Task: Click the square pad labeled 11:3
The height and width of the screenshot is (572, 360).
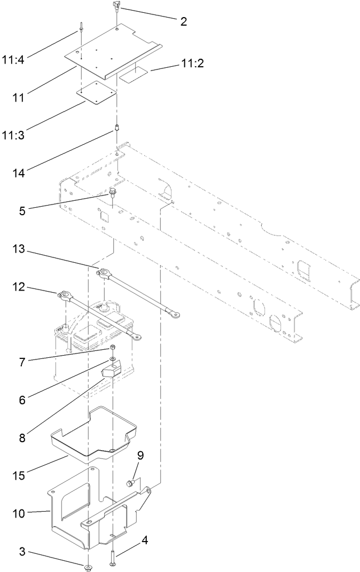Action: tap(97, 94)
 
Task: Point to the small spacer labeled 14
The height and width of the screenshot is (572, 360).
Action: tap(116, 129)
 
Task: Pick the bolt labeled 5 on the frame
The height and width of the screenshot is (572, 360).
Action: tap(113, 192)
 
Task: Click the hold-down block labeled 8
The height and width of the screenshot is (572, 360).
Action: tap(113, 369)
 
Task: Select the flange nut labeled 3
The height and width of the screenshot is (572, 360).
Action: tap(87, 566)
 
